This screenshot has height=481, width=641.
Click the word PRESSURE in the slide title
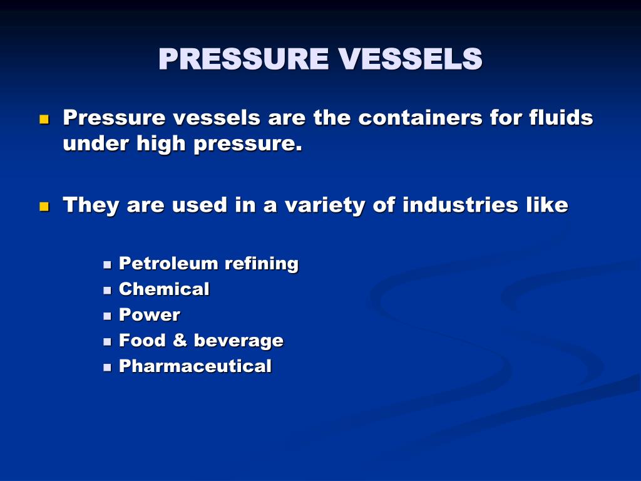coord(244,59)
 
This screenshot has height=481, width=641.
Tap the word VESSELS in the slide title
coord(411,59)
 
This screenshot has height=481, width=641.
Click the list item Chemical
coord(164,289)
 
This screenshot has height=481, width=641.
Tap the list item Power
coord(150,315)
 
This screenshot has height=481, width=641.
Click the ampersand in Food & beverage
coord(180,341)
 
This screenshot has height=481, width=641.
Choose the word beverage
coord(238,341)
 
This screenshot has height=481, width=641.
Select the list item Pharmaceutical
coord(195,366)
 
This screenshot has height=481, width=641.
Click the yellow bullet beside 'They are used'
coord(44,206)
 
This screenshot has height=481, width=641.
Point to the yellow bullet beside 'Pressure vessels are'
coord(44,118)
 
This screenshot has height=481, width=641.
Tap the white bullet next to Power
coord(107,316)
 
